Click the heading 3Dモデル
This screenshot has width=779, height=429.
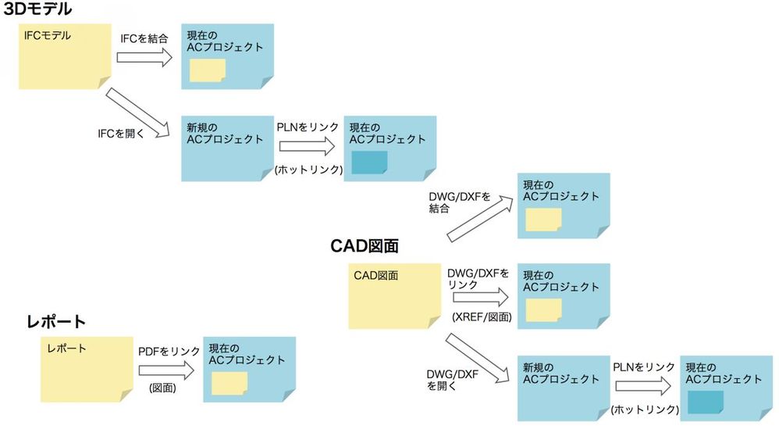(x=37, y=9)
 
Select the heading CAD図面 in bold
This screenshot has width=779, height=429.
(x=365, y=246)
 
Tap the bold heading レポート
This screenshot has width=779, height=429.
(x=56, y=322)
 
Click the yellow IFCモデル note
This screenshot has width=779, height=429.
(x=65, y=57)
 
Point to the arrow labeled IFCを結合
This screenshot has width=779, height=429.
(x=144, y=58)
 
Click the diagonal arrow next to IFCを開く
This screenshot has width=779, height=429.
(x=138, y=113)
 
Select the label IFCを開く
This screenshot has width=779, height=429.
(x=121, y=133)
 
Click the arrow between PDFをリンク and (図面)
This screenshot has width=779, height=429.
(x=166, y=370)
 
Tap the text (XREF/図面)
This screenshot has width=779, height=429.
(x=482, y=316)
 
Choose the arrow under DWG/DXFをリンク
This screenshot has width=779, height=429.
(x=481, y=297)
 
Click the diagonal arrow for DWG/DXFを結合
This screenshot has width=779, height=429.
(x=480, y=219)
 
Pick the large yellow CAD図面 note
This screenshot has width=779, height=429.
(x=394, y=296)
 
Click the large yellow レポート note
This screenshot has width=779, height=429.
(x=87, y=370)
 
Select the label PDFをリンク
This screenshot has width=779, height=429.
(x=169, y=352)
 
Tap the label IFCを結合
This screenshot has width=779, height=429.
(x=144, y=38)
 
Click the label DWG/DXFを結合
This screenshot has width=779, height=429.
(x=460, y=202)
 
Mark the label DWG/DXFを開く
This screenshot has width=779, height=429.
(x=453, y=380)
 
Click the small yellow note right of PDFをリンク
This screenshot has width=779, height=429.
(x=229, y=383)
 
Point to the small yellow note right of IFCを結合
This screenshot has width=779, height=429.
(x=208, y=70)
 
